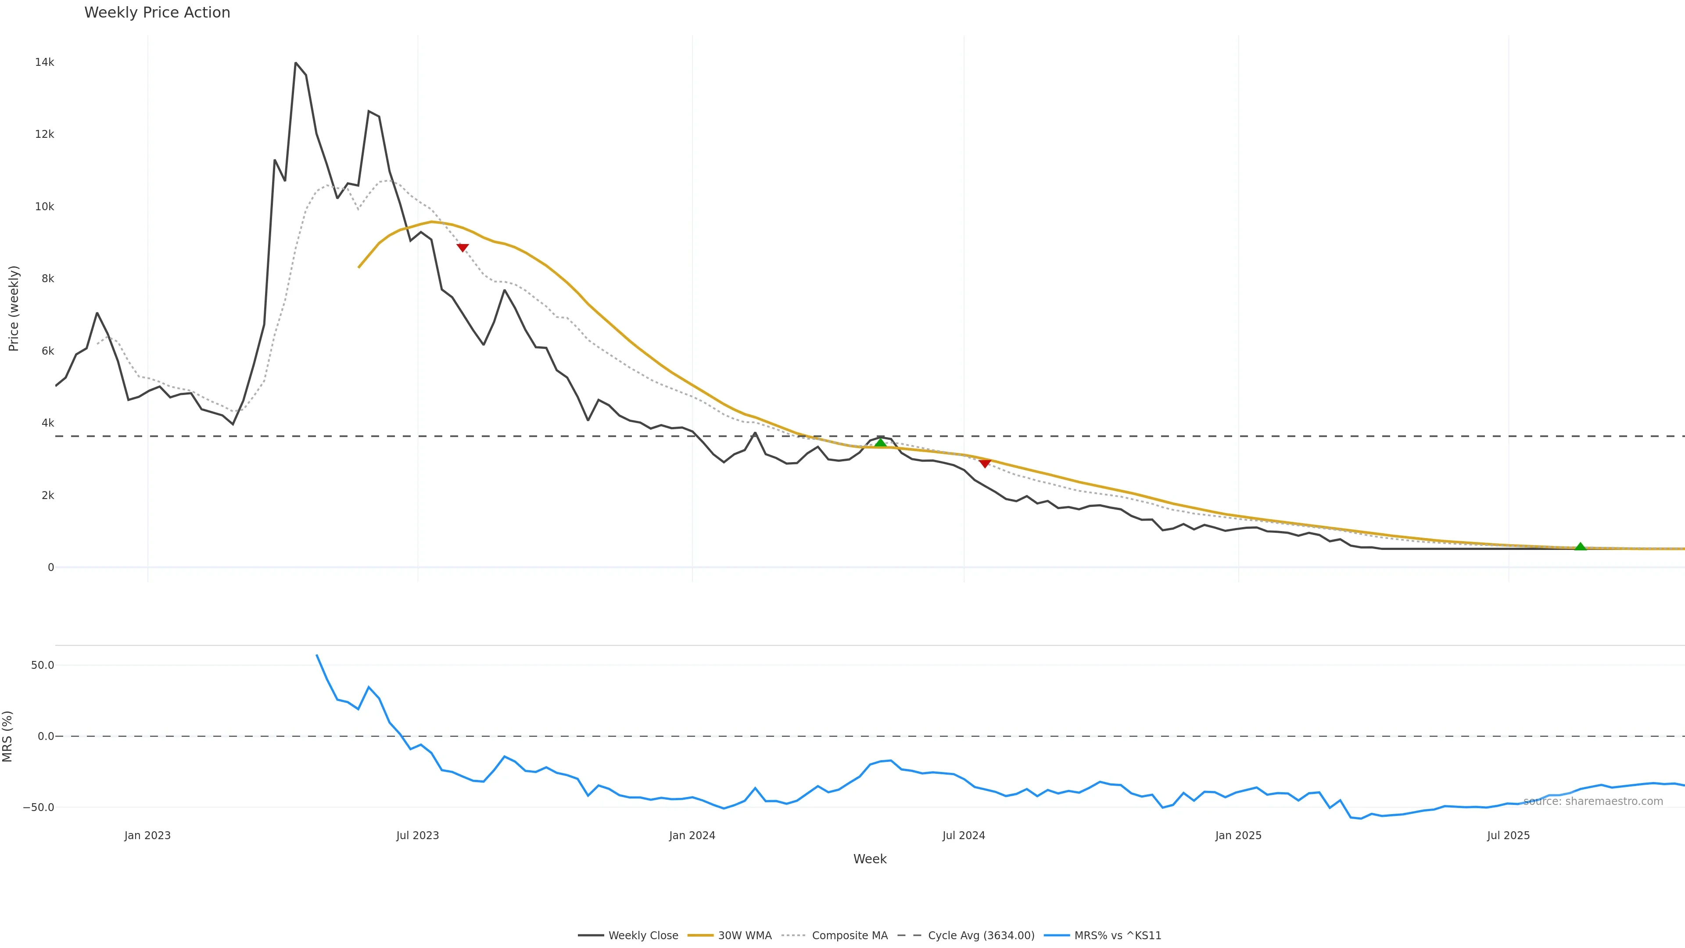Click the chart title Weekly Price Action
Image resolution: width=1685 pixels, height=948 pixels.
point(157,12)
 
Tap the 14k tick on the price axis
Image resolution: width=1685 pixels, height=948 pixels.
point(44,62)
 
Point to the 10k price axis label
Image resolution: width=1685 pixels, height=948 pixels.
point(44,207)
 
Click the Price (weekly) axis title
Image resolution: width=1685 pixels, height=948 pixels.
point(14,308)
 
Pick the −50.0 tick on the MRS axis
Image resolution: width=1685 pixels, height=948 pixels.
point(39,808)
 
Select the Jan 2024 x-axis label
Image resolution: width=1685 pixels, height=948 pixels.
point(692,836)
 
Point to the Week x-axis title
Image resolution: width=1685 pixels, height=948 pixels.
point(869,859)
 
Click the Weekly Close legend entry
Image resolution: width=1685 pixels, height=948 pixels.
point(643,936)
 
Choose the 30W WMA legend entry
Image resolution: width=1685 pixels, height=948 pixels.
point(744,936)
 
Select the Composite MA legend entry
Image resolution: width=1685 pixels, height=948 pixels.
point(849,936)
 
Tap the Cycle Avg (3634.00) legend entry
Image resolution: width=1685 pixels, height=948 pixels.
point(981,936)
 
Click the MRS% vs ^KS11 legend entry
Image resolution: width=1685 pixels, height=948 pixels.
point(1117,936)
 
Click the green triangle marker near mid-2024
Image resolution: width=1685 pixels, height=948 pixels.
point(880,443)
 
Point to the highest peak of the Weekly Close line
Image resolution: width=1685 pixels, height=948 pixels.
point(296,63)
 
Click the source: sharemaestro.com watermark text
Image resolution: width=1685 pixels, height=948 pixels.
point(1593,801)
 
